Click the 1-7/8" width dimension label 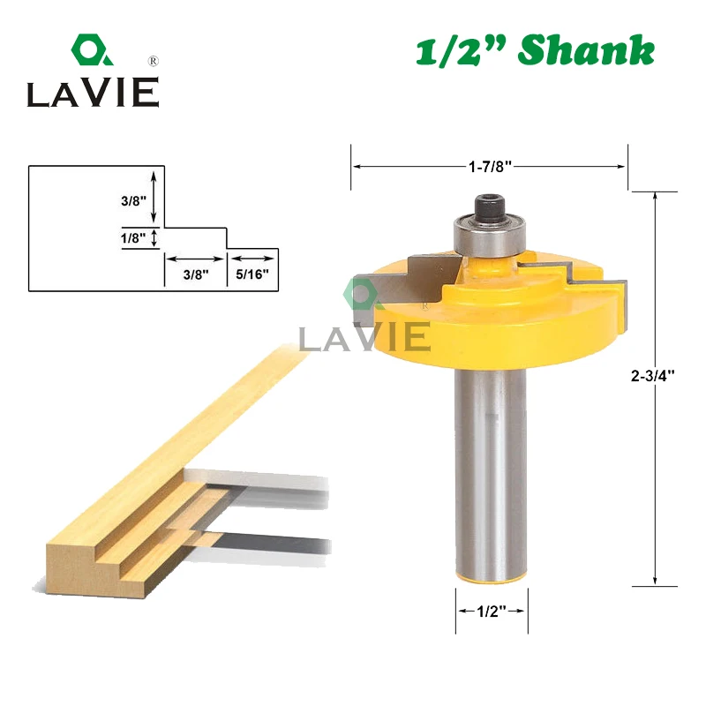pyautogui.click(x=490, y=167)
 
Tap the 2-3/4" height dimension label pyautogui.click(x=652, y=376)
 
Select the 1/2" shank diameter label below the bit pyautogui.click(x=492, y=611)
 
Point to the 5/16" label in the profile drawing pyautogui.click(x=252, y=274)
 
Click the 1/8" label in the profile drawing pyautogui.click(x=133, y=237)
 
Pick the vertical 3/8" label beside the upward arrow pyautogui.click(x=134, y=201)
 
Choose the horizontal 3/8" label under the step pyautogui.click(x=196, y=274)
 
